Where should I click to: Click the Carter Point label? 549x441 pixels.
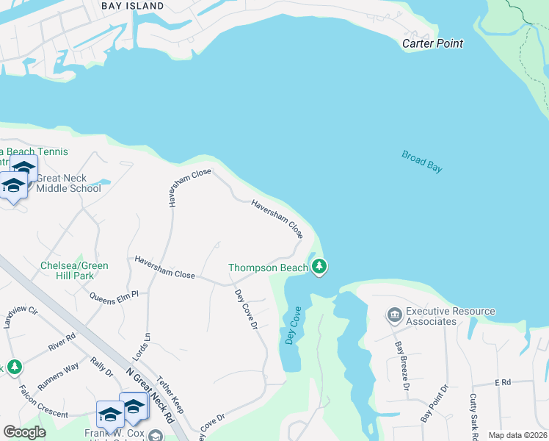tap(432, 43)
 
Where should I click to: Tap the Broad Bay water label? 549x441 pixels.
tap(422, 161)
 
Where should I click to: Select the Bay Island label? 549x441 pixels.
tap(133, 6)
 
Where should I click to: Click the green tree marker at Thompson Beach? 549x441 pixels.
tap(319, 267)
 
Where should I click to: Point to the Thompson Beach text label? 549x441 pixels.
tap(268, 268)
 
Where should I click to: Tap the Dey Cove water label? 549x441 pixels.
tap(293, 327)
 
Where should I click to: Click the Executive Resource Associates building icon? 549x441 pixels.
tap(393, 315)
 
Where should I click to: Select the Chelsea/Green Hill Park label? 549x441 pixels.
tap(74, 270)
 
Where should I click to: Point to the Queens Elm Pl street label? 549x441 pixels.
tap(114, 297)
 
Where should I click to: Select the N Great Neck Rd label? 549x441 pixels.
tap(150, 395)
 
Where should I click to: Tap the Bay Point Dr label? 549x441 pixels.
tap(434, 404)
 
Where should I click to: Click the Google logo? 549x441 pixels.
tap(24, 432)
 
